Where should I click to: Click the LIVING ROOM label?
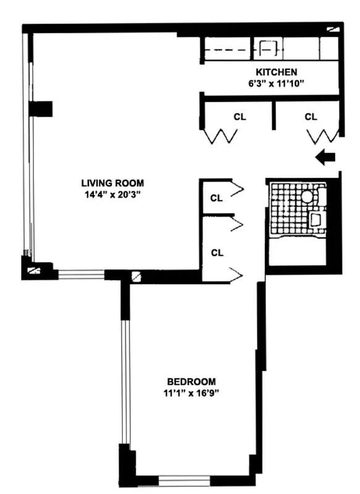click(112, 183)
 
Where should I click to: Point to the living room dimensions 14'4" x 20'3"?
click(112, 194)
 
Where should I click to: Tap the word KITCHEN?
click(277, 72)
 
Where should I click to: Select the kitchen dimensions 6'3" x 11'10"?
click(276, 83)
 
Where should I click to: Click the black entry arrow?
click(325, 157)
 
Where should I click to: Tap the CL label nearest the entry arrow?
click(311, 116)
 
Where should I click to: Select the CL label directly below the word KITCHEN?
click(240, 116)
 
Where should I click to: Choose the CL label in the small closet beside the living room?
click(216, 198)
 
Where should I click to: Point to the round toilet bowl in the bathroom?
click(308, 196)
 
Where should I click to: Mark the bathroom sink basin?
click(316, 220)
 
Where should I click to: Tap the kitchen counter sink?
click(268, 49)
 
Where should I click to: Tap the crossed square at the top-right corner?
click(334, 28)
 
